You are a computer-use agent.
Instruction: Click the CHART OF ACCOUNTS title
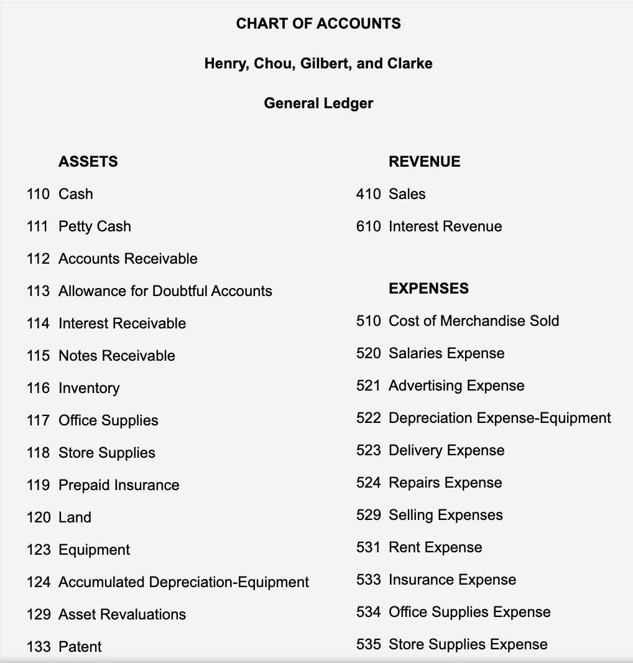(318, 24)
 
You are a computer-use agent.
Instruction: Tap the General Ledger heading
(318, 103)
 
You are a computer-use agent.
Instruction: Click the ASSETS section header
(88, 162)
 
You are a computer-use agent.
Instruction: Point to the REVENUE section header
(425, 162)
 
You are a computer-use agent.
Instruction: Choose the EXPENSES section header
(428, 289)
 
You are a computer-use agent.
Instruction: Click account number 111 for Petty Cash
(38, 226)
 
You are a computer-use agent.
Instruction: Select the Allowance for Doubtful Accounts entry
(165, 291)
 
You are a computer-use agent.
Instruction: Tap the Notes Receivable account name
(117, 356)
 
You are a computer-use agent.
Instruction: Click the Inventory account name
(89, 388)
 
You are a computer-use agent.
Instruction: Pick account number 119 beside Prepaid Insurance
(38, 485)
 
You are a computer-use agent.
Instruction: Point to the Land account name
(75, 517)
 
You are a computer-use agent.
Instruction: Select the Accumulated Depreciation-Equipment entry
(183, 582)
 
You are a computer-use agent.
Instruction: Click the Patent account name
(80, 647)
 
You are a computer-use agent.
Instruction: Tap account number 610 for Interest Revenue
(368, 226)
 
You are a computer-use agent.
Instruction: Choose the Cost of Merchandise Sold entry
(473, 321)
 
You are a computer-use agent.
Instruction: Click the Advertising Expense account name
(456, 386)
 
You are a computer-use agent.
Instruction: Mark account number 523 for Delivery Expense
(368, 450)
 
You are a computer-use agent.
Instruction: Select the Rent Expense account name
(435, 547)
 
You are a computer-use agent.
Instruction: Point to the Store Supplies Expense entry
(468, 644)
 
